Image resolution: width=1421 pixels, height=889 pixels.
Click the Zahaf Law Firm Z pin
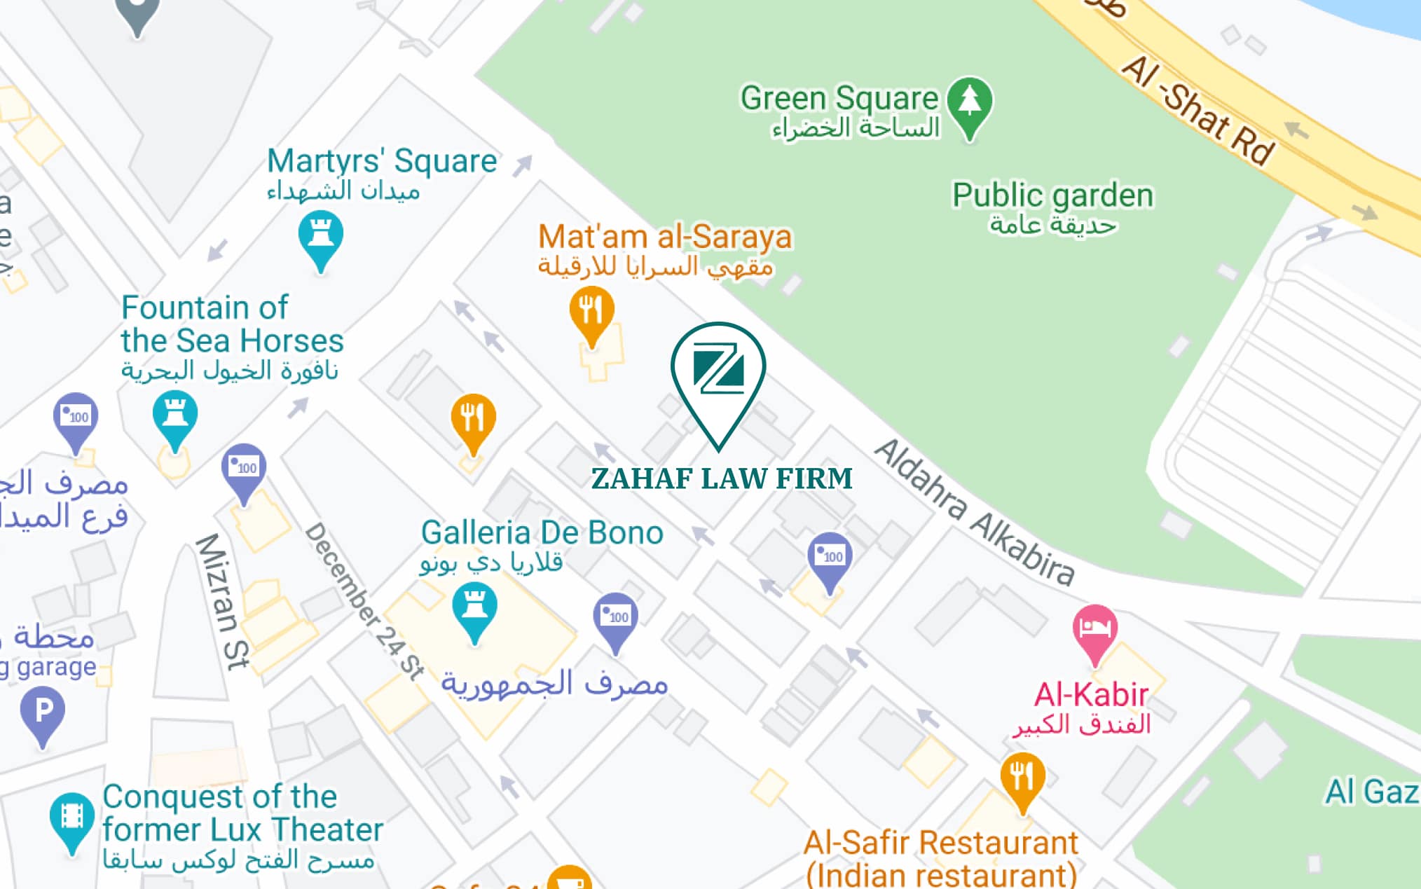pyautogui.click(x=718, y=371)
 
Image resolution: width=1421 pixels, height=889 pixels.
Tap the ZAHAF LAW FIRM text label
pyautogui.click(x=722, y=478)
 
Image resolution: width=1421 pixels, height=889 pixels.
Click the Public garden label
pyautogui.click(x=1052, y=195)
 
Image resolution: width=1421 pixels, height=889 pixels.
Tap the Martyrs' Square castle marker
pyautogui.click(x=320, y=235)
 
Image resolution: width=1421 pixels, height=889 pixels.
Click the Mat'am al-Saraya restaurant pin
pyautogui.click(x=591, y=311)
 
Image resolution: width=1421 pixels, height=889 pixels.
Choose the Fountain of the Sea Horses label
pyautogui.click(x=232, y=324)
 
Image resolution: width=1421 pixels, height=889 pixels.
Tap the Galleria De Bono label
pyautogui.click(x=542, y=533)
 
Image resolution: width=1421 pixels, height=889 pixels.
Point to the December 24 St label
pyautogui.click(x=365, y=600)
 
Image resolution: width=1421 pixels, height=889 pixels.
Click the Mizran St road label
pyautogui.click(x=222, y=600)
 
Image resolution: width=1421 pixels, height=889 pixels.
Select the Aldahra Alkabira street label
pyautogui.click(x=974, y=512)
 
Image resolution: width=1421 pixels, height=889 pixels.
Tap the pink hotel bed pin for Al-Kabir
pyautogui.click(x=1094, y=629)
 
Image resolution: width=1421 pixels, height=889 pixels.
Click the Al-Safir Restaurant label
pyautogui.click(x=940, y=843)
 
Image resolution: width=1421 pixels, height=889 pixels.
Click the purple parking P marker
pyautogui.click(x=43, y=712)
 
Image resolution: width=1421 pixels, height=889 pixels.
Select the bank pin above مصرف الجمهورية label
pyautogui.click(x=615, y=618)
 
